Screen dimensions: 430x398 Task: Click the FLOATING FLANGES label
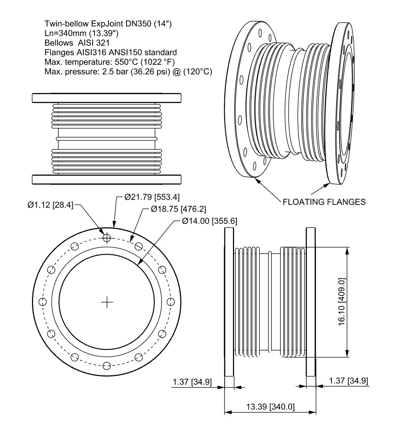pos(324,202)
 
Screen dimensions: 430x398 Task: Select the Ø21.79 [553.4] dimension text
pos(152,197)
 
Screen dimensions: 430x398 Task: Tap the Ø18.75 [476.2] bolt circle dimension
pos(178,209)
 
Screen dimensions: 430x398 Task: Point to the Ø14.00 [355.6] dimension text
pos(209,221)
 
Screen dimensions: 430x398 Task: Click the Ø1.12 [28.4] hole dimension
pos(50,205)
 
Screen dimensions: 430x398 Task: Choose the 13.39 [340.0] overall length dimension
pos(270,407)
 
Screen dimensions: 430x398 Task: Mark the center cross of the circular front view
pos(107,302)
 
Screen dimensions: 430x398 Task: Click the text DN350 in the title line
pos(136,24)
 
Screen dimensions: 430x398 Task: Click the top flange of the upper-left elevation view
pos(106,98)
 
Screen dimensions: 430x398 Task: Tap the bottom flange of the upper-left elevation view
pos(106,179)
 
